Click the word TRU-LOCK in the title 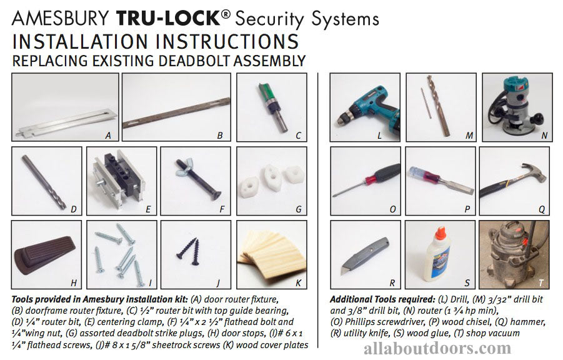click(154, 18)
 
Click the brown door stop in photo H click(44, 254)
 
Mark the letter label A click(108, 135)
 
